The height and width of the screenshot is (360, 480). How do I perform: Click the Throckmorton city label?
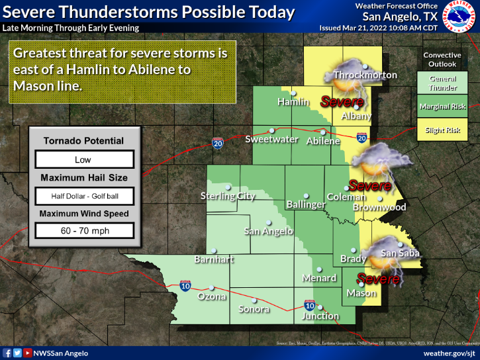coord(365,75)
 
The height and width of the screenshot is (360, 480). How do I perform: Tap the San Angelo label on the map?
coord(268,231)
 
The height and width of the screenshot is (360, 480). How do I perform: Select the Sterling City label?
coord(228,196)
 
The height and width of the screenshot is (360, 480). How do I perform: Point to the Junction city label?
coord(320,316)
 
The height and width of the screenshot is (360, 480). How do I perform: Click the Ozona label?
coord(212,296)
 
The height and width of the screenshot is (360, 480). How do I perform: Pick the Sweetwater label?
coord(271,139)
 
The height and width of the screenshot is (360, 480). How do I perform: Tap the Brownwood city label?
coord(379,207)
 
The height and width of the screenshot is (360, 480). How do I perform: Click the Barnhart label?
coord(215,259)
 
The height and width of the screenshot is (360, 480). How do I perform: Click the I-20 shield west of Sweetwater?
coord(217,142)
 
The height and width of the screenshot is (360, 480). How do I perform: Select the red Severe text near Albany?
coord(342,102)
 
